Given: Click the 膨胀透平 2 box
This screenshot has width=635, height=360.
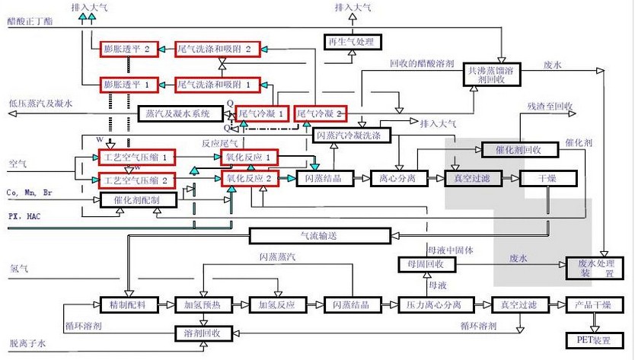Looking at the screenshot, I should point(130,49).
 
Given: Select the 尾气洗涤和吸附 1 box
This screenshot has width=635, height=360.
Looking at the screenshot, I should point(218,83).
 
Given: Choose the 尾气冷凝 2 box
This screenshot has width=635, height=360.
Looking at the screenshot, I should point(319,113).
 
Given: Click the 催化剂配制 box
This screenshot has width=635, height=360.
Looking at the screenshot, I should point(139,200).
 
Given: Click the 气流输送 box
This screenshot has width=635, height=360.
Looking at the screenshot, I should point(320,236).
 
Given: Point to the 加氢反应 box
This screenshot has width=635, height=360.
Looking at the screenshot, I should point(276,305).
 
